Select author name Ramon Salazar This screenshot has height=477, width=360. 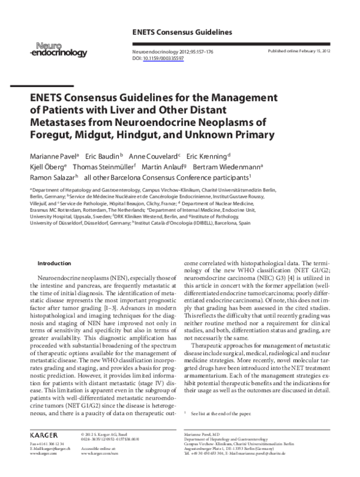coord(52,178)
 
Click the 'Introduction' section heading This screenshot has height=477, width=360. coord(54,263)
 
